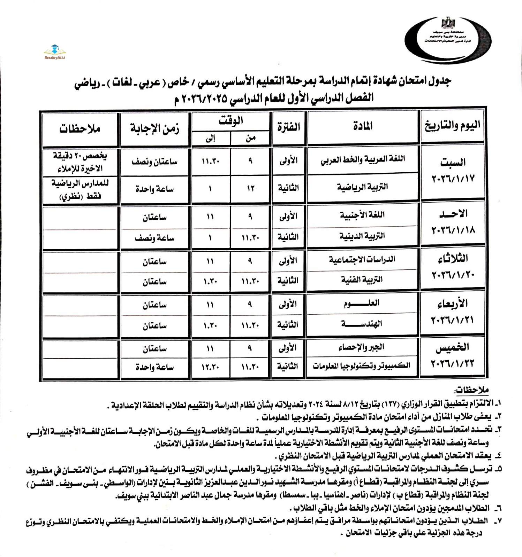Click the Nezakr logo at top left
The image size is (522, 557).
54,52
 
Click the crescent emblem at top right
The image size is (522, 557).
448,40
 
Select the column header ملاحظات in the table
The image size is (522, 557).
80,129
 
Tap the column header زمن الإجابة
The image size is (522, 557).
154,129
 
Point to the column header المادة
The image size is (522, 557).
363,126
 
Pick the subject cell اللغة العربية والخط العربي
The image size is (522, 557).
363,160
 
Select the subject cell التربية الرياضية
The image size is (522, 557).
363,187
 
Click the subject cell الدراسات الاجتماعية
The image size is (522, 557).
362,259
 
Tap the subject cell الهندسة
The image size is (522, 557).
362,324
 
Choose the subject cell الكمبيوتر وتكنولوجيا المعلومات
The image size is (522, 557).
362,366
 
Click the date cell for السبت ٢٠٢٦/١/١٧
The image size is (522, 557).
453,171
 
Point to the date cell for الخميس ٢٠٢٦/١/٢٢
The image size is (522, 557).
452,355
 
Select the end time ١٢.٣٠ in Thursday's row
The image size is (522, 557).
210,367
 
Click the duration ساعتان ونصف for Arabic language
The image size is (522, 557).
154,162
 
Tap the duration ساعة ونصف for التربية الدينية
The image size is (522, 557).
154,238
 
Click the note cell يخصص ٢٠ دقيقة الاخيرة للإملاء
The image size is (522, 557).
80,162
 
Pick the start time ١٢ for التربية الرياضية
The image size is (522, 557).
251,189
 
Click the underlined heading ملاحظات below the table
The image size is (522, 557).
472,390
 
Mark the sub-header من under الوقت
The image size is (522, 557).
251,138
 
